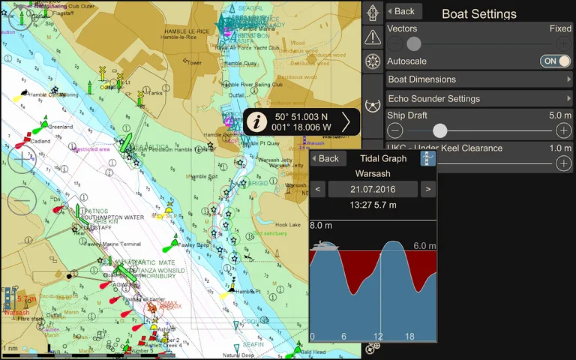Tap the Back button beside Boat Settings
click(x=403, y=11)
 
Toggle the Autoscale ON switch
click(x=555, y=61)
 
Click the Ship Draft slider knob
click(x=440, y=130)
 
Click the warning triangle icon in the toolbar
click(x=373, y=37)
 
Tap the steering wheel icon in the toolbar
click(x=373, y=61)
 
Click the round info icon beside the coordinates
click(x=258, y=121)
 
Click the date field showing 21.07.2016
click(x=373, y=189)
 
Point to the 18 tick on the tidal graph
click(x=409, y=336)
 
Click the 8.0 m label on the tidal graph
click(x=321, y=225)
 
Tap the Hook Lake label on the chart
click(x=287, y=224)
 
